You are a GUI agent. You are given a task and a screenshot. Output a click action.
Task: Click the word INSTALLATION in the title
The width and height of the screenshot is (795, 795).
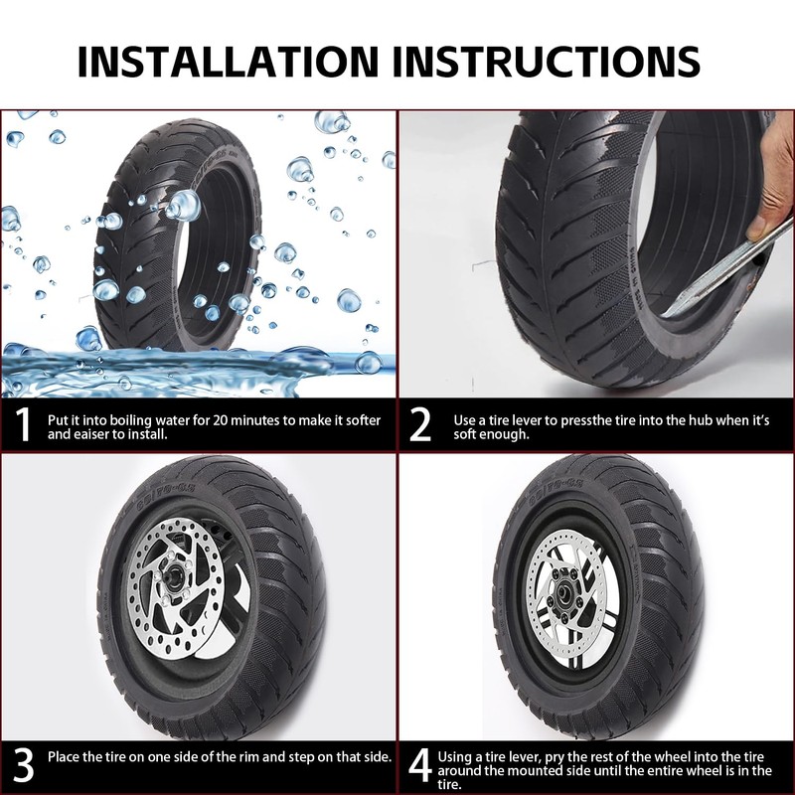click(x=230, y=61)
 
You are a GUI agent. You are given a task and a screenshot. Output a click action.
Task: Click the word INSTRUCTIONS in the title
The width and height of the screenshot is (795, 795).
click(x=547, y=61)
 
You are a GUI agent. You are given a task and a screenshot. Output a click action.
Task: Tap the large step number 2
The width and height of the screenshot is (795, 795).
click(x=421, y=425)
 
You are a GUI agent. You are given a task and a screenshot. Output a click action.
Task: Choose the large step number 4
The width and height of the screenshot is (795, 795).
click(x=421, y=766)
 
